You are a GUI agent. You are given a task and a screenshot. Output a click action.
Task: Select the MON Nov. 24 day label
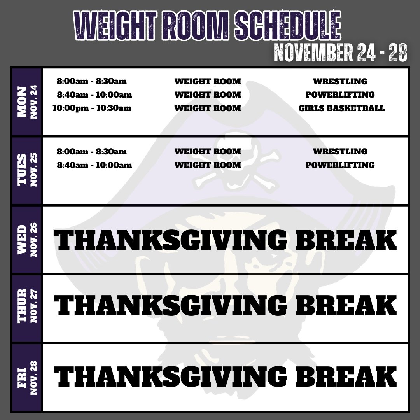pyautogui.click(x=26, y=102)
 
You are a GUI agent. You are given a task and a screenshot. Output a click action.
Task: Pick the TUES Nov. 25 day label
pyautogui.click(x=26, y=170)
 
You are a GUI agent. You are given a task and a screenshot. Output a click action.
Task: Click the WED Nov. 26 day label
pyautogui.click(x=26, y=240)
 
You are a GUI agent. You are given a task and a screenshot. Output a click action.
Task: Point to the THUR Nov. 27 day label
pyautogui.click(x=26, y=308)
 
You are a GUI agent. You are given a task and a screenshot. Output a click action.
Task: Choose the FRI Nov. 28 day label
pyautogui.click(x=26, y=377)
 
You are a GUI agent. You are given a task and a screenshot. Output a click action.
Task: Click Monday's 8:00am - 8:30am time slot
pyautogui.click(x=92, y=81)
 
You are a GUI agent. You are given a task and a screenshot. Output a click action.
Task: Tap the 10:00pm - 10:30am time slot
pyautogui.click(x=92, y=108)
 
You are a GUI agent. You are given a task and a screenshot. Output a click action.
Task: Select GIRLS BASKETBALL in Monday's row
pyautogui.click(x=341, y=108)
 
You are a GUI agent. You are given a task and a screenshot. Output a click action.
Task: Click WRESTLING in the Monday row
pyautogui.click(x=340, y=81)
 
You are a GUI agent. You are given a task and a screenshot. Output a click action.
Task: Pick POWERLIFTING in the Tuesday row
pyautogui.click(x=340, y=165)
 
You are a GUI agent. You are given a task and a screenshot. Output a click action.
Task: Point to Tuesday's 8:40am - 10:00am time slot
pyautogui.click(x=94, y=165)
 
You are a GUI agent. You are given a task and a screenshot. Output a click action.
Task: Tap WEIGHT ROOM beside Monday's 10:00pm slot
pyautogui.click(x=208, y=108)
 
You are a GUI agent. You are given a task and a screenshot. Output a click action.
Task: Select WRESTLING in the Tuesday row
pyautogui.click(x=340, y=151)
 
